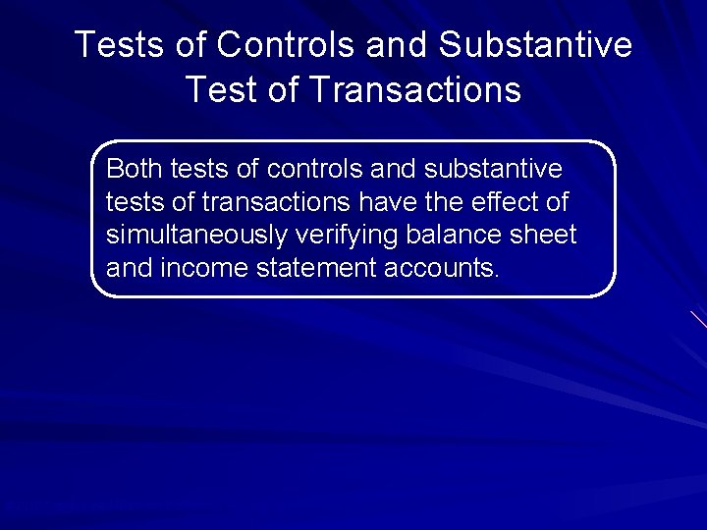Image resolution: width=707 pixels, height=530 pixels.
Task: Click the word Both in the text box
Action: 135,169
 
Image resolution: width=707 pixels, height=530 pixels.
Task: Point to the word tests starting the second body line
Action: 127,202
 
